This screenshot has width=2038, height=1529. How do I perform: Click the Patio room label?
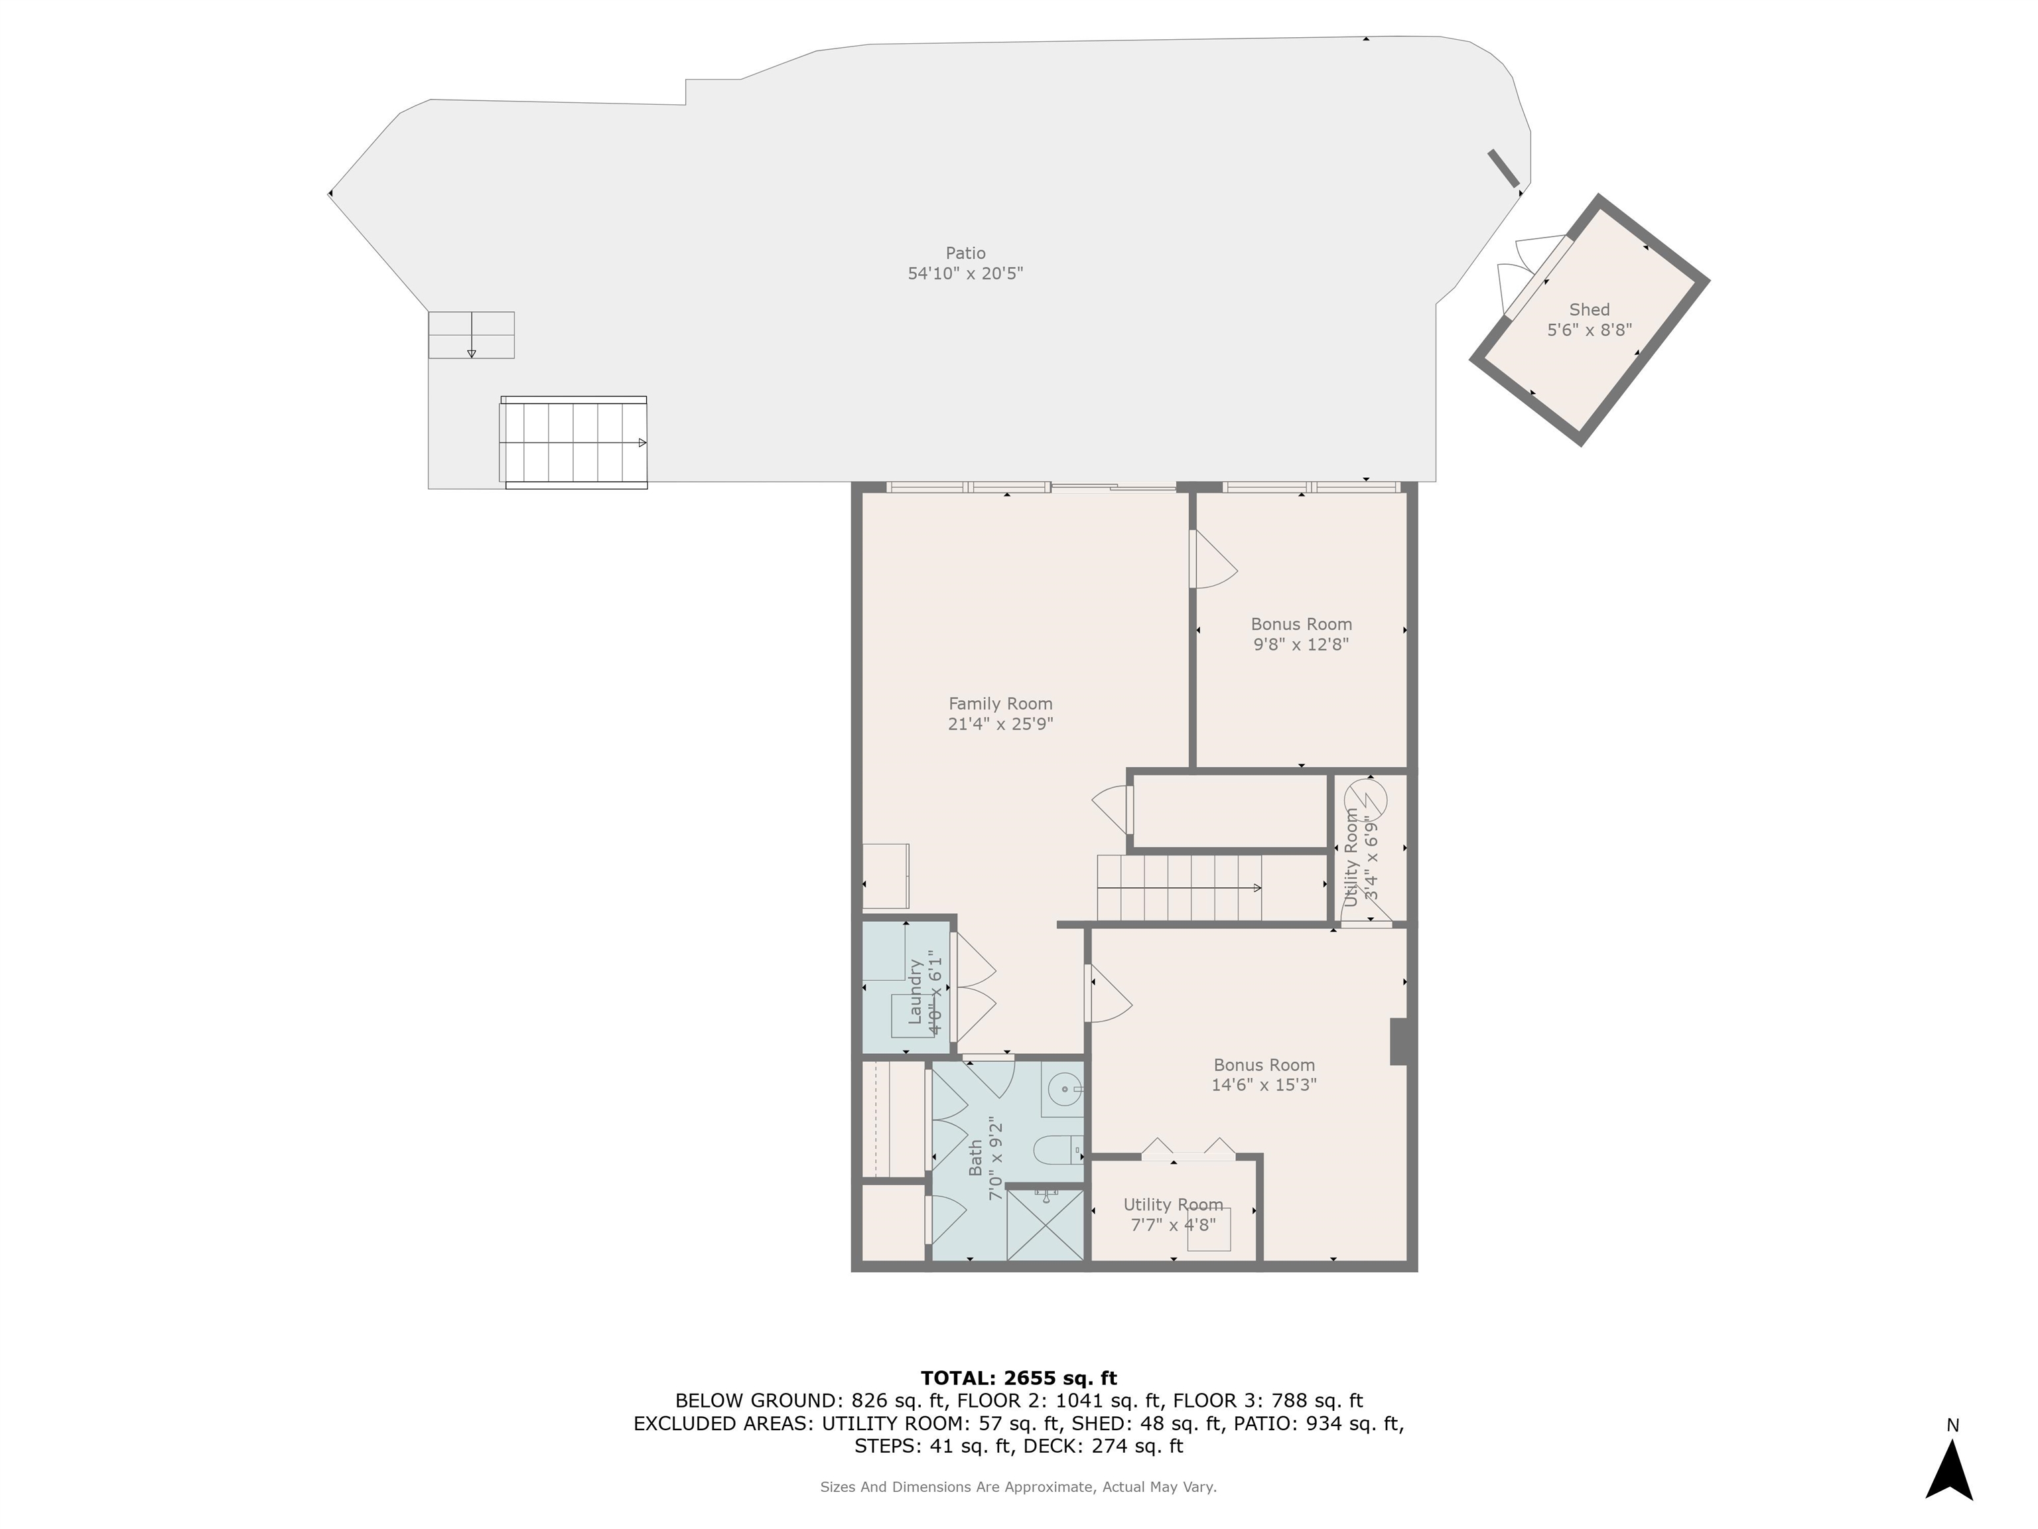965,254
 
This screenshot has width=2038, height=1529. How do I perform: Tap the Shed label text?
1590,310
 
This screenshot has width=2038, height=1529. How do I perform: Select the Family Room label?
1000,704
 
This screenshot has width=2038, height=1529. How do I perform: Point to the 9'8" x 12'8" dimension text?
1301,644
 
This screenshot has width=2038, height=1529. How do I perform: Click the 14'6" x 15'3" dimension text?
1264,1085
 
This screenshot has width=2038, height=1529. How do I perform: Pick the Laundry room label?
916,991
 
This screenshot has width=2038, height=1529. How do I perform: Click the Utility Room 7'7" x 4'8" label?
1173,1214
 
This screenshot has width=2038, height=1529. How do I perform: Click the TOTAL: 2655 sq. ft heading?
1019,1378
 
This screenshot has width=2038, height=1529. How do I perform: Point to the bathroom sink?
1064,1090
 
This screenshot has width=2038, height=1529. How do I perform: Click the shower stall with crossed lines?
1045,1225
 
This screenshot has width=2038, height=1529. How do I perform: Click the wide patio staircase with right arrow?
574,443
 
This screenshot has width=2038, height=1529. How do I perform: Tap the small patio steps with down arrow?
471,334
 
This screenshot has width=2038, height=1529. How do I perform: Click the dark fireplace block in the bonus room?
1398,1041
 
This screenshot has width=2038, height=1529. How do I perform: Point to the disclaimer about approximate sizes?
1018,1487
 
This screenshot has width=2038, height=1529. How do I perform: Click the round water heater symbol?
1365,798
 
